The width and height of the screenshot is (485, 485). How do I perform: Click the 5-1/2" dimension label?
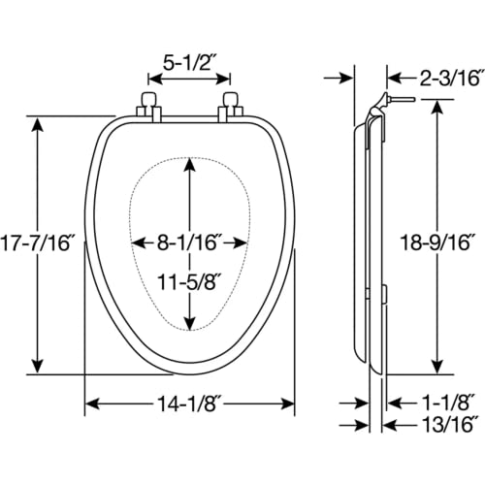(189, 63)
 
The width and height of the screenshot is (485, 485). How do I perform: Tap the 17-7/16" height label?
(36, 242)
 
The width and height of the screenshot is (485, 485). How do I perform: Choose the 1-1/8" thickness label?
(446, 404)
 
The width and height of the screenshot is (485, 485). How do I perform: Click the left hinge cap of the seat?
(149, 99)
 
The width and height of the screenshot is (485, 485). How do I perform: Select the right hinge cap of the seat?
(231, 99)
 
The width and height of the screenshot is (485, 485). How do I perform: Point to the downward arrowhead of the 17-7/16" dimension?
(38, 366)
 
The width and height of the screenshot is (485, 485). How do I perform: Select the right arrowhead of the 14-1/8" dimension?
(286, 404)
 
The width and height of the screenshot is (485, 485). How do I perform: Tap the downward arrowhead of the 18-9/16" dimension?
(438, 366)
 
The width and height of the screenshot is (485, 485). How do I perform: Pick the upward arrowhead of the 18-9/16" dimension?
(438, 108)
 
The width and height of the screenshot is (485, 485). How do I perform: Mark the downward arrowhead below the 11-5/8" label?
(190, 323)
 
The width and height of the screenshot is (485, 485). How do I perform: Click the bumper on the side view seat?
(384, 294)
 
